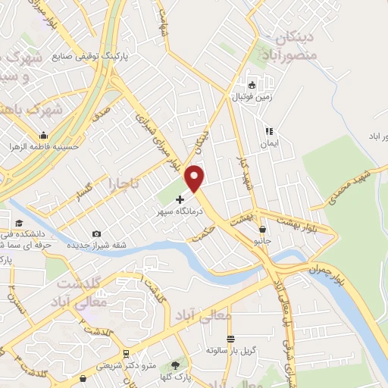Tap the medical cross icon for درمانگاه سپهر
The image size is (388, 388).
pyautogui.click(x=180, y=199)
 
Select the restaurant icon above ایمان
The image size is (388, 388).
pyautogui.click(x=268, y=131)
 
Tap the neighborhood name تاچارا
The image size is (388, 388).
pyautogui.click(x=121, y=183)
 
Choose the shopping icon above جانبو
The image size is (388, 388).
pyautogui.click(x=263, y=228)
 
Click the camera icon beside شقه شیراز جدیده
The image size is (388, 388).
pyautogui.click(x=95, y=233)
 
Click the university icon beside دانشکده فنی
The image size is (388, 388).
pyautogui.click(x=17, y=223)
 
